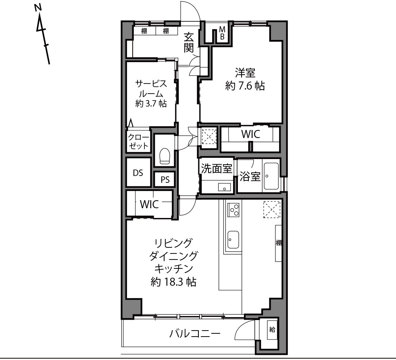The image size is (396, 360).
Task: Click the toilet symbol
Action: (x=165, y=156)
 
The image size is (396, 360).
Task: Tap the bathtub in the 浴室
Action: (x=271, y=176)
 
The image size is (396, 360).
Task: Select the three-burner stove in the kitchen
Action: (x=233, y=209)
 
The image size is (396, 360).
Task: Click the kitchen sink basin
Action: (x=233, y=240)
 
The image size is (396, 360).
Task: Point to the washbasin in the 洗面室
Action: (x=224, y=187)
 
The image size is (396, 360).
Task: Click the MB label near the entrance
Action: (x=222, y=33)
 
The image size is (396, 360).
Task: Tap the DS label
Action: (x=138, y=173)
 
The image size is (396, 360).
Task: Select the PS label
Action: (x=165, y=180)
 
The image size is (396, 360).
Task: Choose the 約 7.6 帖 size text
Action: (x=245, y=86)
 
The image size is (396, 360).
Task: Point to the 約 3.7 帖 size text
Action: (x=151, y=103)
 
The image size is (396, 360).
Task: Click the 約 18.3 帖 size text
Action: (x=173, y=281)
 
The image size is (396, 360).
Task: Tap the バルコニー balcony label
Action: (x=195, y=334)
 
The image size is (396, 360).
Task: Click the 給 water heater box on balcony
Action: (x=272, y=330)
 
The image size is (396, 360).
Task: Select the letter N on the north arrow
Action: (x=38, y=8)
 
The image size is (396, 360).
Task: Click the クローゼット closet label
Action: (x=138, y=142)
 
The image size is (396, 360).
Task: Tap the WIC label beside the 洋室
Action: (x=250, y=134)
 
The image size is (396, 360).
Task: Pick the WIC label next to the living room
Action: (x=149, y=204)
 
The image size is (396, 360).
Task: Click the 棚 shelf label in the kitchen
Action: (x=279, y=243)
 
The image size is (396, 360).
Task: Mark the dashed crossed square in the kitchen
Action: (x=272, y=209)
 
